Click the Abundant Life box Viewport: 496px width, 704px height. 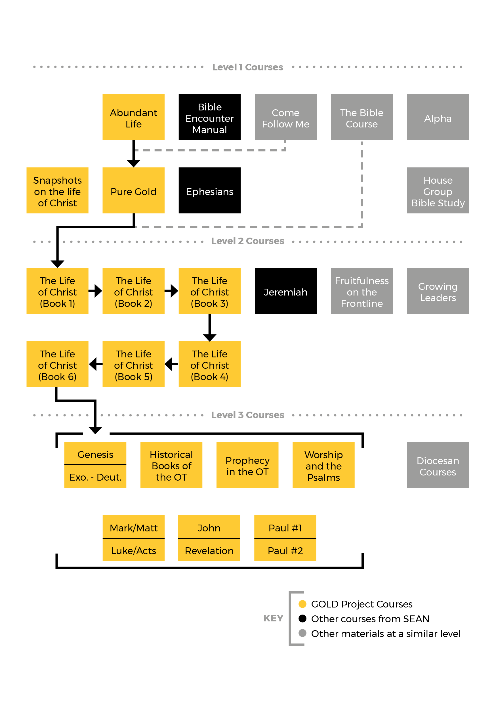tap(133, 118)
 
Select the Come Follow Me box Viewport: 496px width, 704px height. tap(285, 118)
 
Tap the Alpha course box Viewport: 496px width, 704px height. tap(438, 118)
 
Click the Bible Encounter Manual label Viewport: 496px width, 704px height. tap(209, 118)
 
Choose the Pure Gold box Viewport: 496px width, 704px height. tap(133, 191)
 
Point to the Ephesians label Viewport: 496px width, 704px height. tap(209, 192)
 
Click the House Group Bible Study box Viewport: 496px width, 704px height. tap(438, 191)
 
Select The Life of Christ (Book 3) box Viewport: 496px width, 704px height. tap(209, 291)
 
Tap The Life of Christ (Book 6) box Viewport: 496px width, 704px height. tap(57, 364)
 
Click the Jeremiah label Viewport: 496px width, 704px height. tap(285, 292)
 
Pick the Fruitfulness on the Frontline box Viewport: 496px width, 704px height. tap(362, 291)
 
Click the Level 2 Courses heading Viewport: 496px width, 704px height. tap(247, 241)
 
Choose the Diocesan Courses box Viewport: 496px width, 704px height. tap(438, 466)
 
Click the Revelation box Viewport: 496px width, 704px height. tap(209, 551)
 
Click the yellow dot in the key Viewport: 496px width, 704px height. tap(302, 604)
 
